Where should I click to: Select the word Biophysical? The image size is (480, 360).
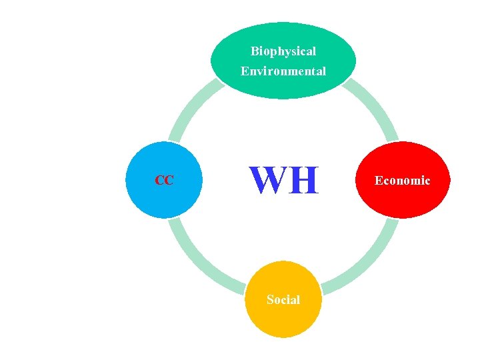point(283,51)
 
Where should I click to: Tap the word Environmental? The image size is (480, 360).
point(283,71)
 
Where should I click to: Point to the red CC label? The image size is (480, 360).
point(164,180)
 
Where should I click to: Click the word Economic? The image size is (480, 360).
point(402,181)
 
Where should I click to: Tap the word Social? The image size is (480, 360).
point(283,300)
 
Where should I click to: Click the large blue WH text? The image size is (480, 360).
point(284,181)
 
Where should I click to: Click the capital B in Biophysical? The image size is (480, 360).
point(255,51)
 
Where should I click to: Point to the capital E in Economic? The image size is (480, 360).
point(379,181)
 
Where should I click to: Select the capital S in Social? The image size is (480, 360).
point(270,300)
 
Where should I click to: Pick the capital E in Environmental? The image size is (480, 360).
point(245,71)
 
